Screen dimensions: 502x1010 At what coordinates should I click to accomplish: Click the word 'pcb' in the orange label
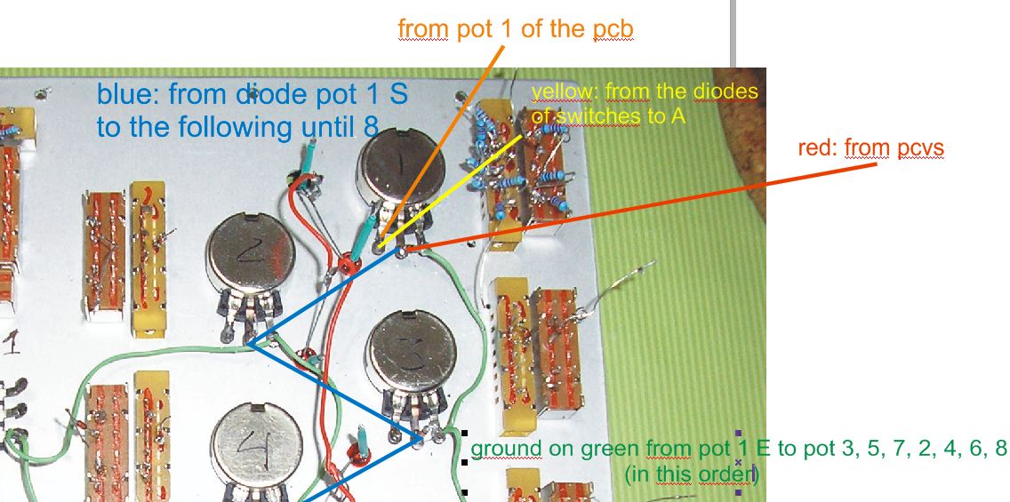(613, 28)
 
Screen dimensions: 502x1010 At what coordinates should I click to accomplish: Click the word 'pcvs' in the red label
(920, 148)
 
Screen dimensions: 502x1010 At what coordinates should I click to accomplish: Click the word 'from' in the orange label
(422, 28)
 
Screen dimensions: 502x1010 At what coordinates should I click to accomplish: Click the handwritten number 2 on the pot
(248, 255)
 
